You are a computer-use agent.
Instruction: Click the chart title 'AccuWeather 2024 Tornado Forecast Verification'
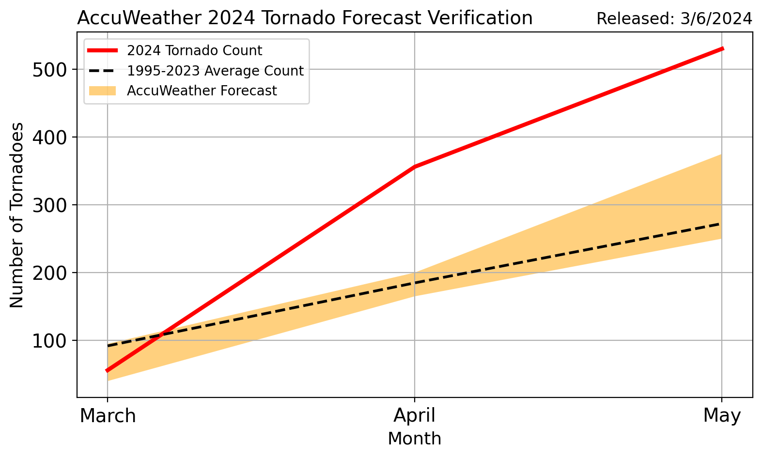coord(305,18)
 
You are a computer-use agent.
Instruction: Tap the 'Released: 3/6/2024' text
coord(674,19)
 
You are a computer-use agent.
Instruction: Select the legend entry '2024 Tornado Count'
coord(194,51)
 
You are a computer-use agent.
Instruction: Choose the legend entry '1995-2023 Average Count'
coord(215,71)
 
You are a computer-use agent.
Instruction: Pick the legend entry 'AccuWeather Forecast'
coord(202,91)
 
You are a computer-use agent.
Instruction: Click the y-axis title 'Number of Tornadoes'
coord(17,215)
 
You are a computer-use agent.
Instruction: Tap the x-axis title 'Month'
coord(414,439)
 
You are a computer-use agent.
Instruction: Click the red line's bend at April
coord(415,167)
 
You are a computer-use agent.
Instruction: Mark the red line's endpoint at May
coord(722,48)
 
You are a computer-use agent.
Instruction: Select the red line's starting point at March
coord(108,371)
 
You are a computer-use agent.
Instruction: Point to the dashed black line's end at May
coord(721,224)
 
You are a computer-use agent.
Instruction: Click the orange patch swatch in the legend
coord(102,91)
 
